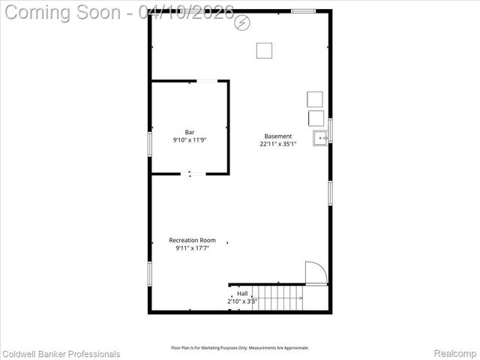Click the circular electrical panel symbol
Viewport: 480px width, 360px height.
242,24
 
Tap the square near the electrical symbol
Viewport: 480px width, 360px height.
264,50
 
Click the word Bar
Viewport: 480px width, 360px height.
190,132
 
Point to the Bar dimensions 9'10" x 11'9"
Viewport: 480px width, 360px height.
190,139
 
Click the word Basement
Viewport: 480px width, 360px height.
278,136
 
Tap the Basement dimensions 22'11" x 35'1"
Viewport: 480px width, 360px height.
278,144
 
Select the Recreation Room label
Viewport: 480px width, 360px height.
192,240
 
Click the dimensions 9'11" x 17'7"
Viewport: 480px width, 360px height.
192,248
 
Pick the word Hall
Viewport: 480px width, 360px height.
242,293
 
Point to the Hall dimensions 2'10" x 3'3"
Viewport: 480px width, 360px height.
242,301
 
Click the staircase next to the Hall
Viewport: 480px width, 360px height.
277,297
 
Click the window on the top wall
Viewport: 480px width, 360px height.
303,11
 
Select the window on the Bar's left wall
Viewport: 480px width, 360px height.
149,144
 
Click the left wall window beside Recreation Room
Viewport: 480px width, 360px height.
149,273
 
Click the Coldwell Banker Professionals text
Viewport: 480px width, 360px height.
61,353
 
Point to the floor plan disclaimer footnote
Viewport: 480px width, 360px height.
240,347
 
